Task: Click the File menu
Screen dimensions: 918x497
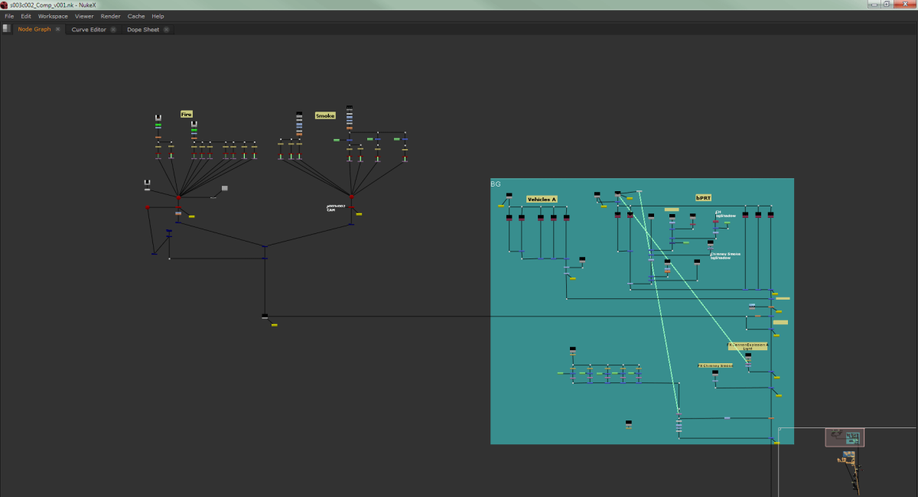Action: (x=9, y=16)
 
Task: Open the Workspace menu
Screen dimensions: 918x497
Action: (x=53, y=16)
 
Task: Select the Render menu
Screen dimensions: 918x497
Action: (x=110, y=16)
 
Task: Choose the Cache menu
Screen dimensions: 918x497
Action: (x=136, y=16)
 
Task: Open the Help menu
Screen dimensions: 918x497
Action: (x=158, y=16)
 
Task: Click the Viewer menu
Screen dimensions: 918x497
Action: (x=84, y=16)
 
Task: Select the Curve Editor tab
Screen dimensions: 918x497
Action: (x=89, y=30)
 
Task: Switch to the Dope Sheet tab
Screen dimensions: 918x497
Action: (x=143, y=30)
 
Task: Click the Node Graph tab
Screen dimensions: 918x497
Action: (x=34, y=30)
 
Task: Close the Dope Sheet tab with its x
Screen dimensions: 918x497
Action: (x=166, y=30)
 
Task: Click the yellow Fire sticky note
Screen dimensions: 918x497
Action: (x=187, y=114)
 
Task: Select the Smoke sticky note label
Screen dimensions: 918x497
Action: (x=325, y=115)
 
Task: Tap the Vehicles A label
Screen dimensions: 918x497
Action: (x=541, y=200)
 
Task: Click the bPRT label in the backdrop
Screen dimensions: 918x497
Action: (x=703, y=198)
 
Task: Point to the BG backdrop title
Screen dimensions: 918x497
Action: (x=496, y=184)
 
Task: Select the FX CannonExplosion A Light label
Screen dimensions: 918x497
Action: (x=747, y=346)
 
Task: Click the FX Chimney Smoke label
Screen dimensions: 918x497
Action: (x=715, y=365)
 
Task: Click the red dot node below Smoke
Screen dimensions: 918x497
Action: (x=351, y=197)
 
